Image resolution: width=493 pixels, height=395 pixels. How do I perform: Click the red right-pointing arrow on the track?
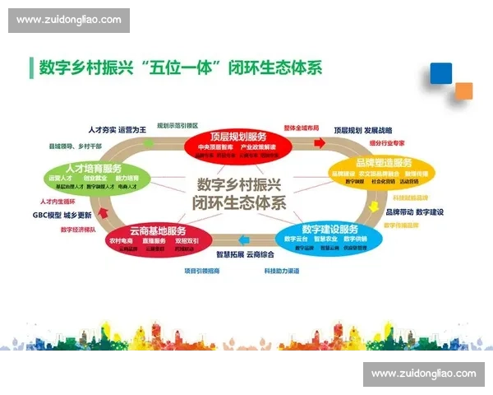pos(314,144)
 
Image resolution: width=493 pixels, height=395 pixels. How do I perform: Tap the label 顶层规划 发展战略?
pos(362,130)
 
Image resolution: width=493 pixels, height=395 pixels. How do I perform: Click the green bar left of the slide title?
pos(30,67)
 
